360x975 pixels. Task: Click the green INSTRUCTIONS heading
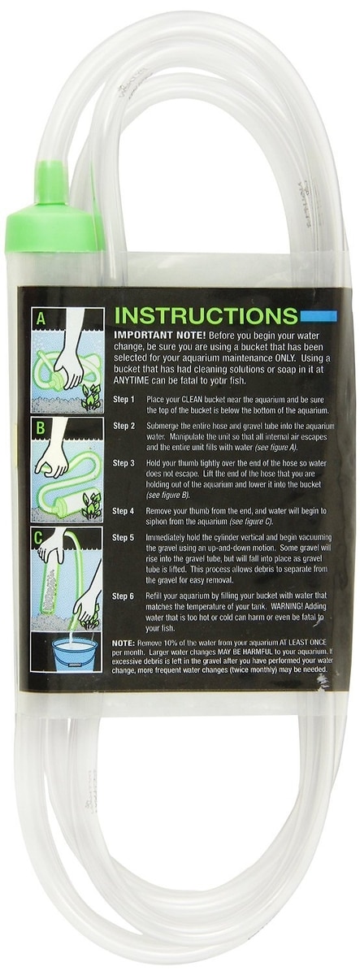click(205, 316)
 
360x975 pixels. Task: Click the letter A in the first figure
click(41, 320)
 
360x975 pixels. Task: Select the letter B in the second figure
click(40, 428)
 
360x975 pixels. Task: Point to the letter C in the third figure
click(39, 538)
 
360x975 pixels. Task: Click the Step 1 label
click(124, 400)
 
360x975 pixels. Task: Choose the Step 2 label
click(124, 426)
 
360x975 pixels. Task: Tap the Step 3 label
click(124, 464)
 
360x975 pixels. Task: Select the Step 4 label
click(124, 511)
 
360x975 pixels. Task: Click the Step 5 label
click(124, 538)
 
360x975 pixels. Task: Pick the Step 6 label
click(124, 596)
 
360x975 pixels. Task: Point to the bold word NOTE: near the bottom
click(124, 643)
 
